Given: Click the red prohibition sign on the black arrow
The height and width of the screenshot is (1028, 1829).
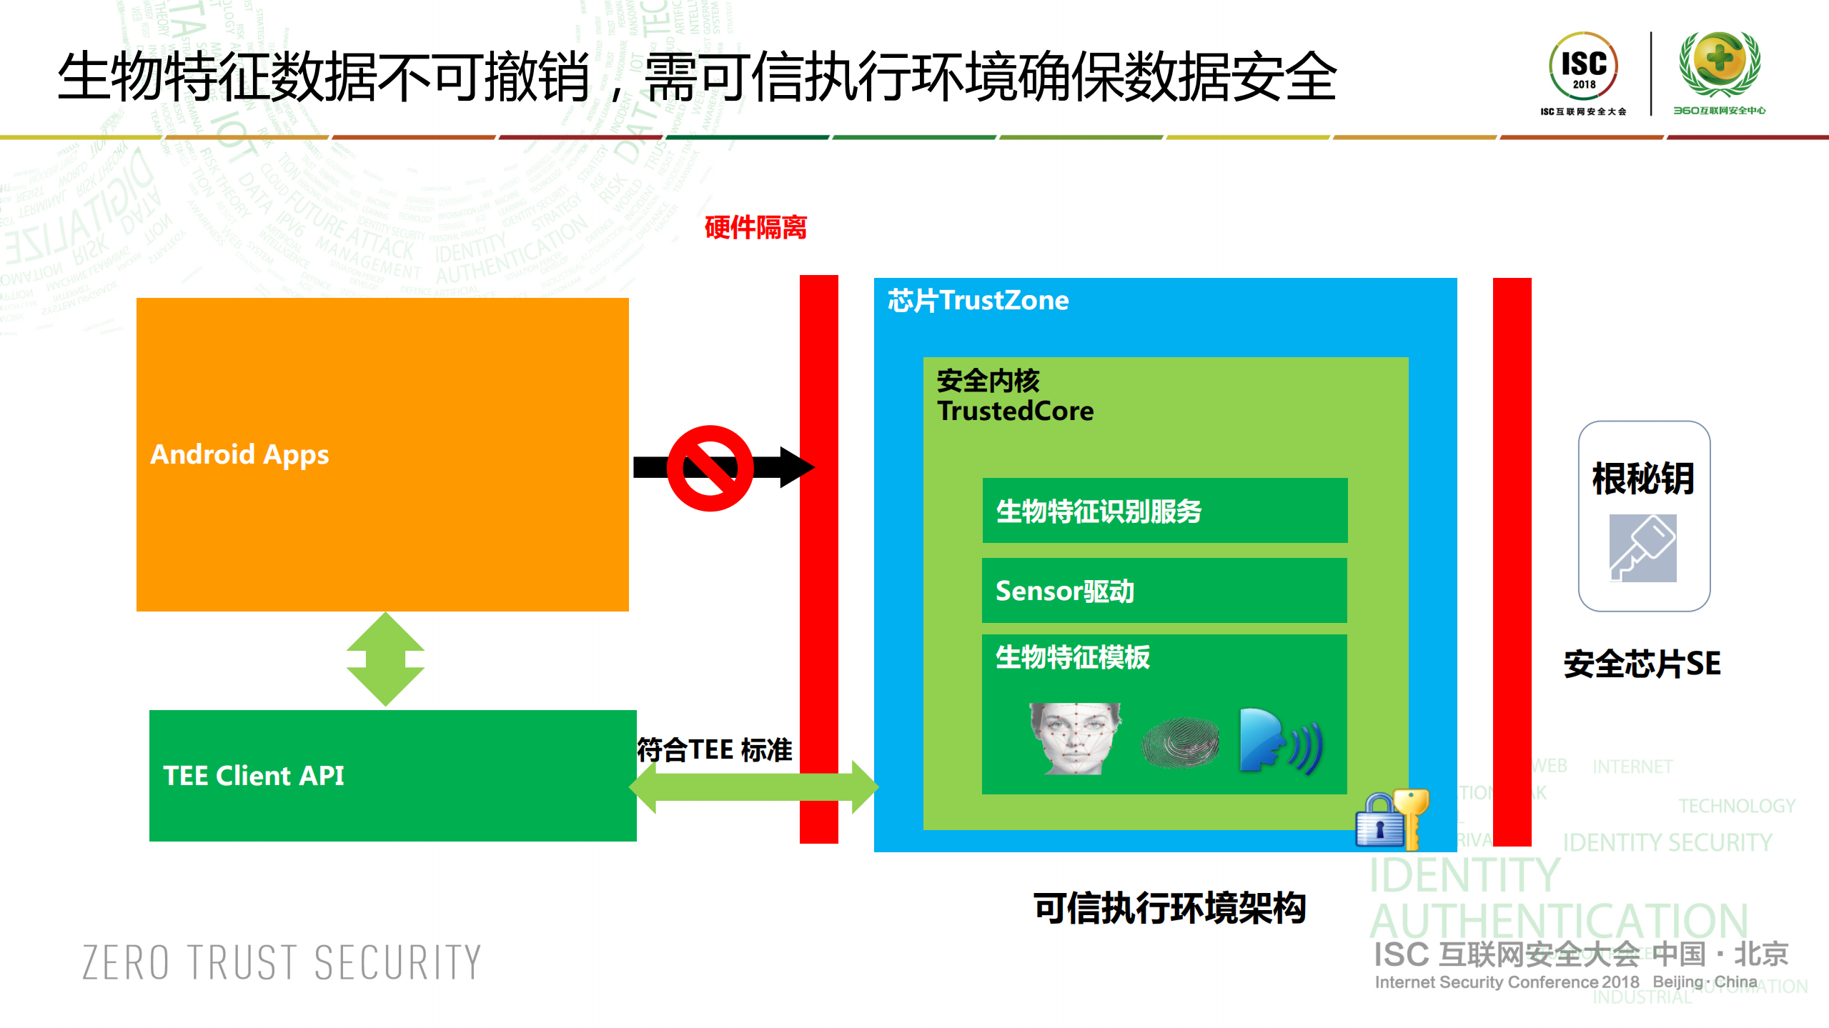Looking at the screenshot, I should pos(710,468).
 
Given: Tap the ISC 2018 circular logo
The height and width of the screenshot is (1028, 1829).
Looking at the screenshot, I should pos(1583,66).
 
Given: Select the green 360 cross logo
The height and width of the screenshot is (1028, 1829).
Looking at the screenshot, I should pos(1719,63).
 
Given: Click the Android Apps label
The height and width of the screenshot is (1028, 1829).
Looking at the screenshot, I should pos(239,454).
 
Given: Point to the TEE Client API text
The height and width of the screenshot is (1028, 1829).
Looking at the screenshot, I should pos(254,776).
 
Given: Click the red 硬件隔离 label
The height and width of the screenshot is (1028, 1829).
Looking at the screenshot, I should pos(755,228).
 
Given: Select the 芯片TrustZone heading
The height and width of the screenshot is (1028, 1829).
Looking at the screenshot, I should pos(978,301).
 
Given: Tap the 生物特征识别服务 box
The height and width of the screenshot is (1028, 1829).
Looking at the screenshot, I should pos(1164,511).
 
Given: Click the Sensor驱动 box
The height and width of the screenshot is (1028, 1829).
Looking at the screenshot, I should pos(1164,591).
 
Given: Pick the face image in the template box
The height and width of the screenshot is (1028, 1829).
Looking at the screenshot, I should pos(1075,739).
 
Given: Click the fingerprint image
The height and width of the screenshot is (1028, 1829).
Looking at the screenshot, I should pos(1180,743).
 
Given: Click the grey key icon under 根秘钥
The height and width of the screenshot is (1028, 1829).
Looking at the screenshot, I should pos(1642,548).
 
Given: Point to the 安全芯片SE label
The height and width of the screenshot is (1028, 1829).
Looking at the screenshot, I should pos(1642,664).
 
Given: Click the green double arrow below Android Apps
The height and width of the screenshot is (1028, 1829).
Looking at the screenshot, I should pos(385,659).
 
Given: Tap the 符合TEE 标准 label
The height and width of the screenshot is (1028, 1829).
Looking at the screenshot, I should pos(714,750).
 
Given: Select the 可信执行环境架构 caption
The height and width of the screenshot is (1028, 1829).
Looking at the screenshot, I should pos(1169,909).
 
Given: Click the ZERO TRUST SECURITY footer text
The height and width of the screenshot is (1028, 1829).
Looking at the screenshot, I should pos(282,962).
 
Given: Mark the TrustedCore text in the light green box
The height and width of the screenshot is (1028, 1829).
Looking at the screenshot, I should pos(1015,411).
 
